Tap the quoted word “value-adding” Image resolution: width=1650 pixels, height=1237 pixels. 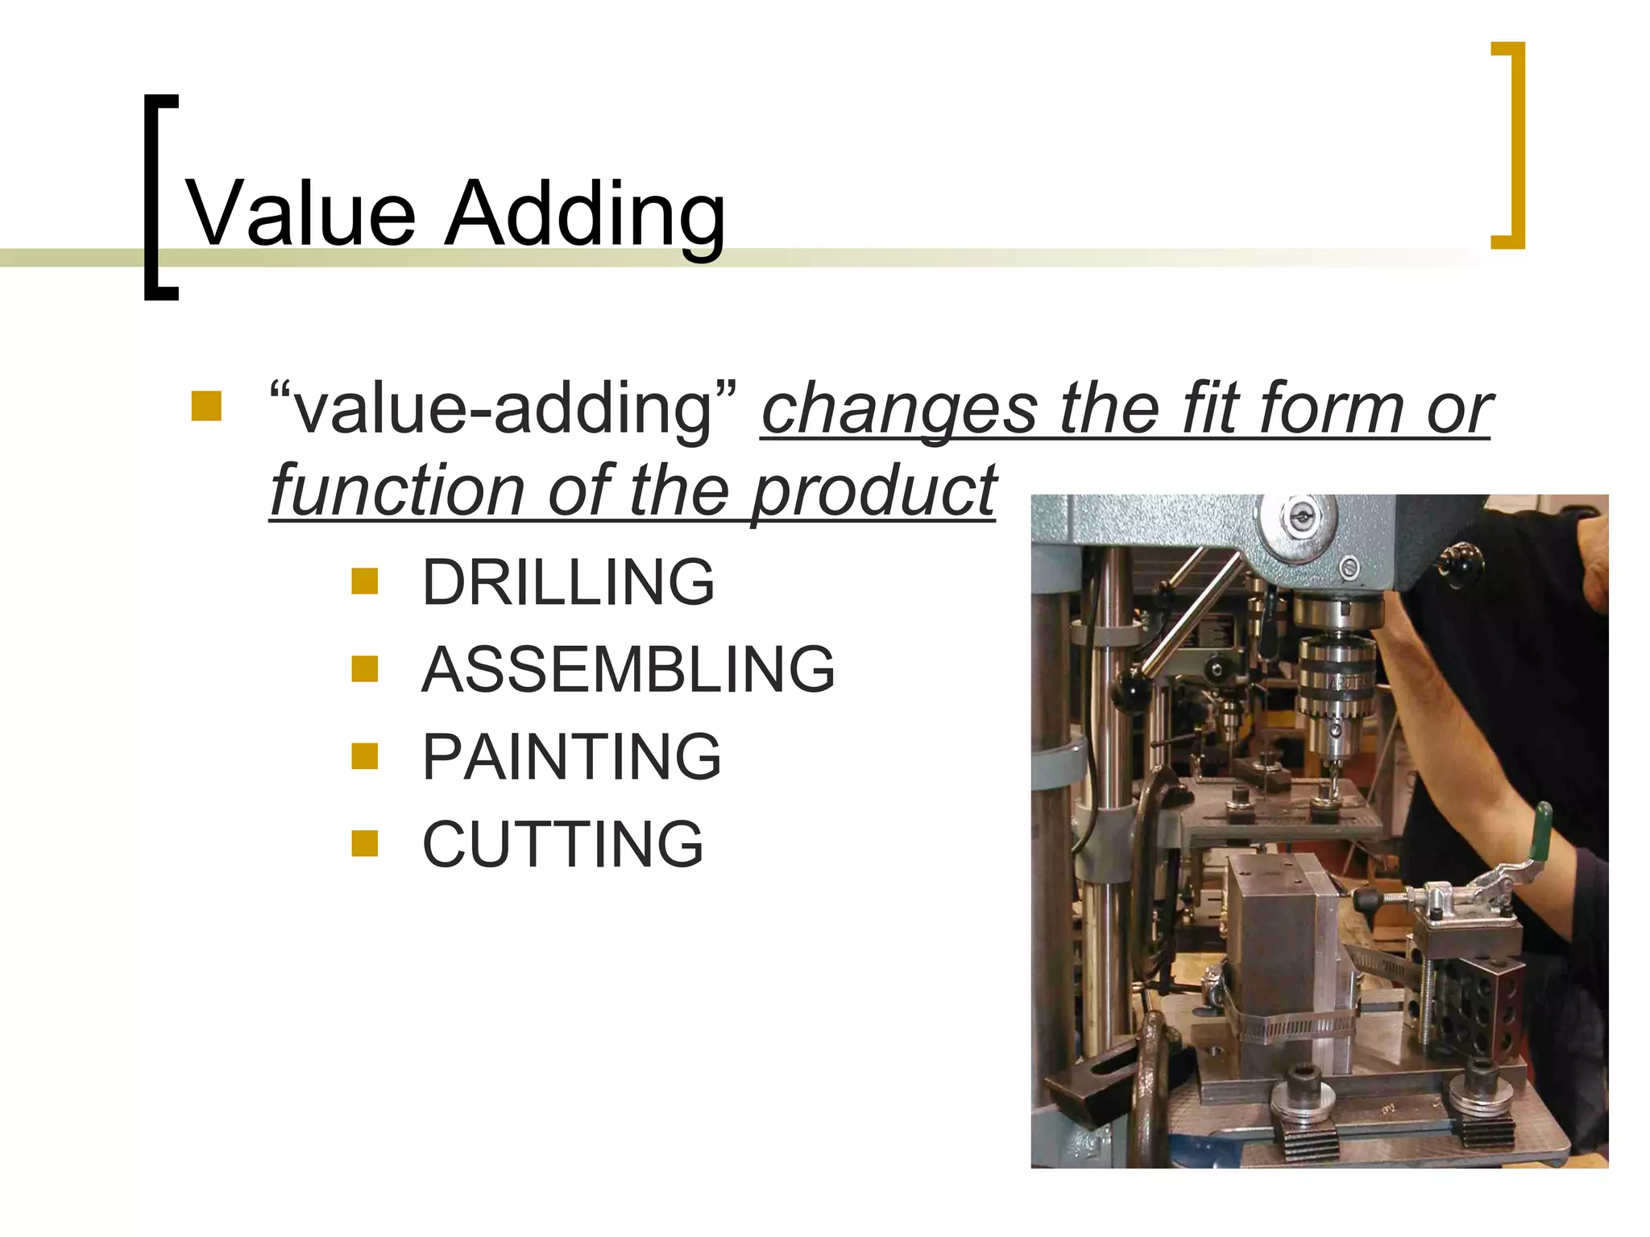pos(503,408)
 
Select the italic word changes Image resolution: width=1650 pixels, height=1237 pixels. pos(899,408)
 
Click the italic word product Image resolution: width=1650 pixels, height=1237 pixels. pos(874,490)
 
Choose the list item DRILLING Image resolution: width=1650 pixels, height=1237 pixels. pos(568,581)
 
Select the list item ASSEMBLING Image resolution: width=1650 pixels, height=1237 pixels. pos(628,669)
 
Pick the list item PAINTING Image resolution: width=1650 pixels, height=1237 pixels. pos(571,757)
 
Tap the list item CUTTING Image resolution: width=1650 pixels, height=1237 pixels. pos(563,844)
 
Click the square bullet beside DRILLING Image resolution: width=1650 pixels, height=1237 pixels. pos(365,581)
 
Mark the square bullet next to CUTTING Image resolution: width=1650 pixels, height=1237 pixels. pos(365,843)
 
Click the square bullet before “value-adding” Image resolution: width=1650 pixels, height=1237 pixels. pos(206,407)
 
